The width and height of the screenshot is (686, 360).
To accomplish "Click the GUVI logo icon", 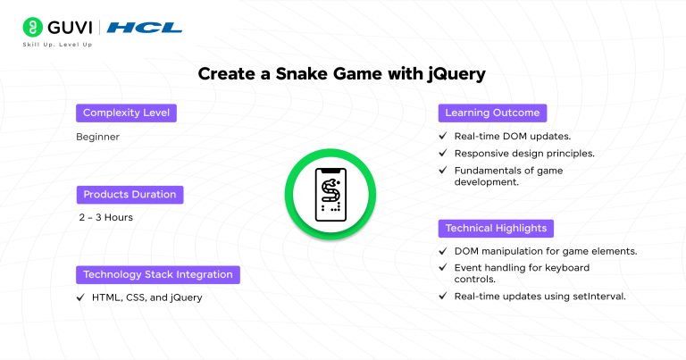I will (x=34, y=27).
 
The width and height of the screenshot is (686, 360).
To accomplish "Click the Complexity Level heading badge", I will (x=126, y=113).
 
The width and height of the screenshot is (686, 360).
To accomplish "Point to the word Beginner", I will (x=97, y=137).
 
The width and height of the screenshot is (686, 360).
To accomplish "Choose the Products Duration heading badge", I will (x=130, y=194).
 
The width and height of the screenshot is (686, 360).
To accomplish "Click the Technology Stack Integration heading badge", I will (x=158, y=274).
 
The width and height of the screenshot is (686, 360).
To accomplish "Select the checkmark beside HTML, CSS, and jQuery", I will (x=80, y=297).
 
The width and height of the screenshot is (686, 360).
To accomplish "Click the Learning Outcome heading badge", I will (x=492, y=113).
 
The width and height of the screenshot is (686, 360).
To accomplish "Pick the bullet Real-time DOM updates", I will (x=513, y=136).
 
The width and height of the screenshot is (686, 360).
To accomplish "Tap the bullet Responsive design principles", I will (x=524, y=153).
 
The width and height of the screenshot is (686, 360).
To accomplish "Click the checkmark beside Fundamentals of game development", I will (x=443, y=170).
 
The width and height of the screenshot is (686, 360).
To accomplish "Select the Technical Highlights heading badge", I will (x=496, y=228).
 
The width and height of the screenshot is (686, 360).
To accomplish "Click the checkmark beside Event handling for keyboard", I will (x=443, y=267).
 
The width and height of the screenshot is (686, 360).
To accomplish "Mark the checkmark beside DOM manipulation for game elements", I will (x=443, y=251).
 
